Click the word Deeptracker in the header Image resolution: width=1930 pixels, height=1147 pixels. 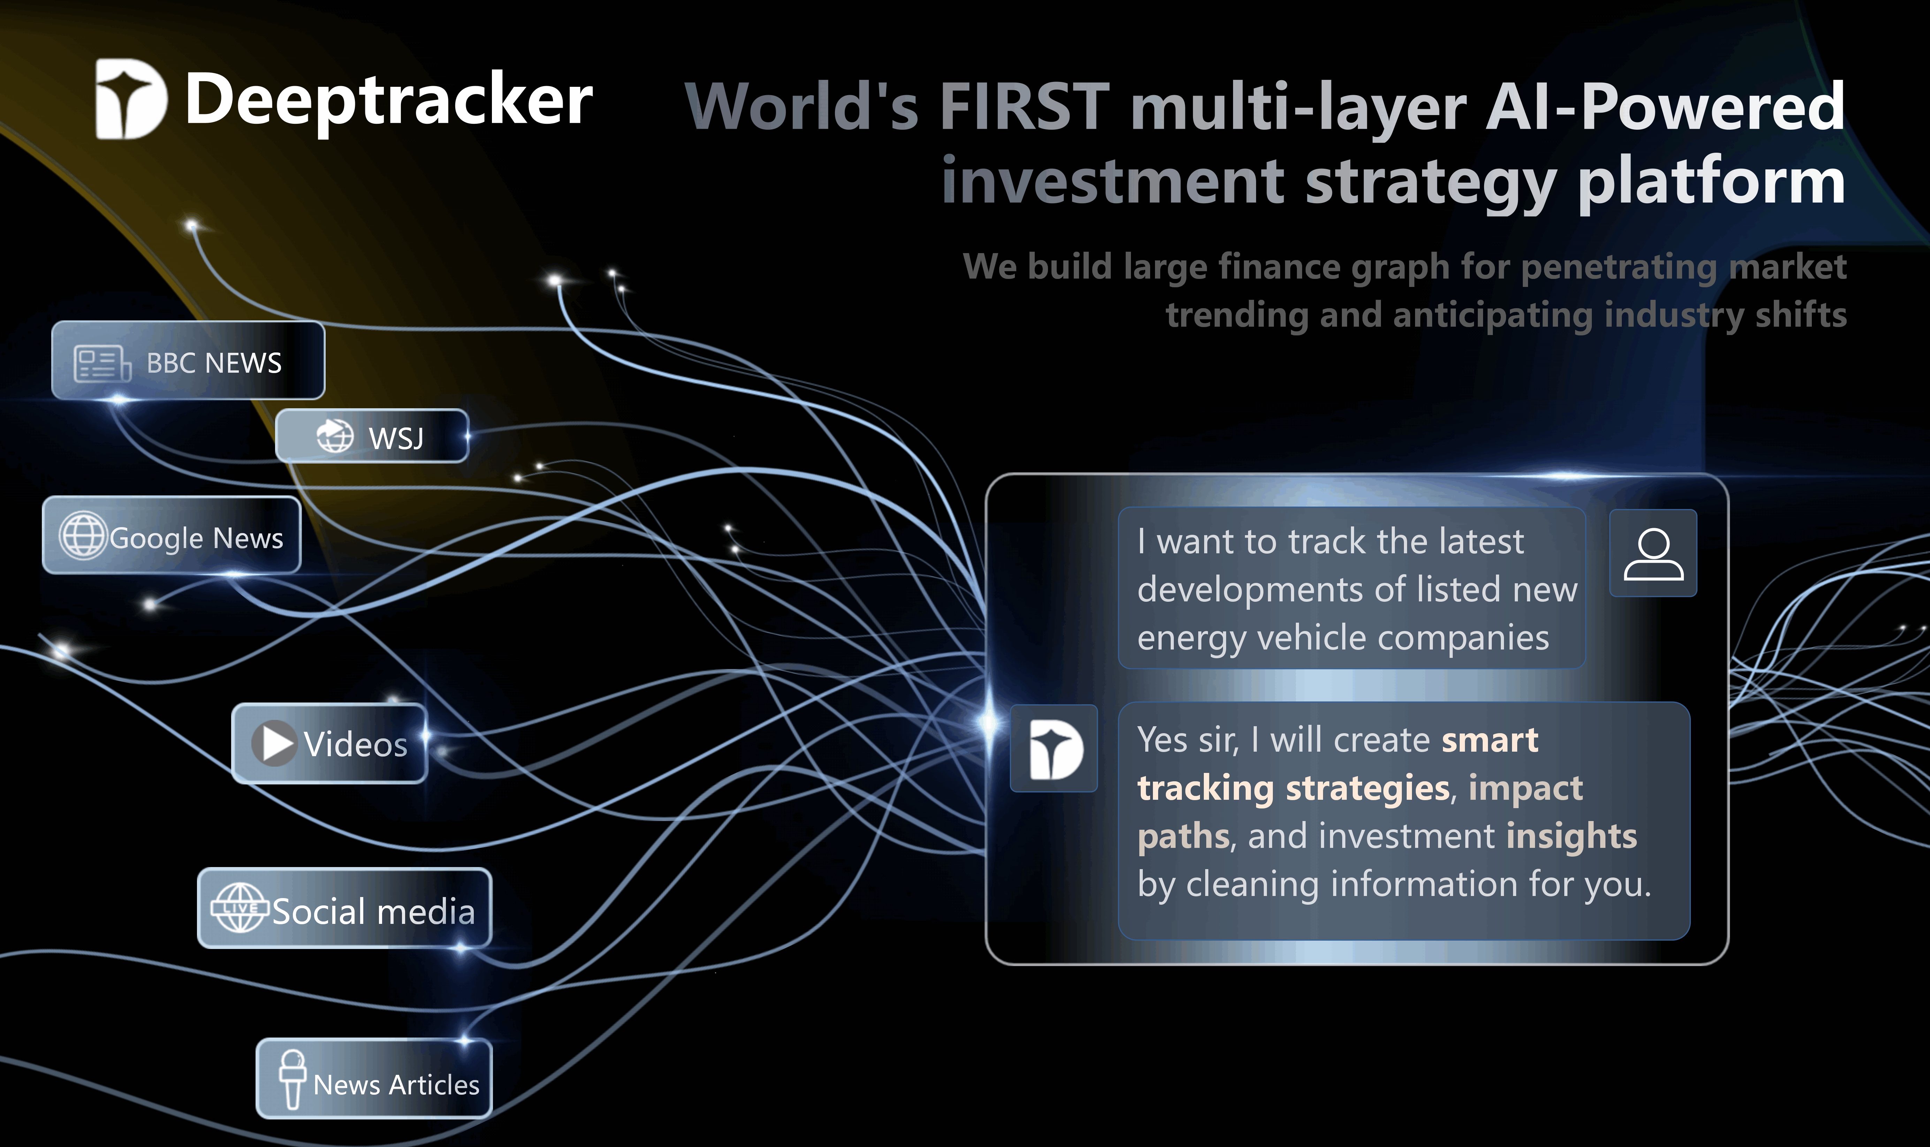pyautogui.click(x=389, y=100)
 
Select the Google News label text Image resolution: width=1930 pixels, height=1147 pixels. pyautogui.click(x=196, y=538)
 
